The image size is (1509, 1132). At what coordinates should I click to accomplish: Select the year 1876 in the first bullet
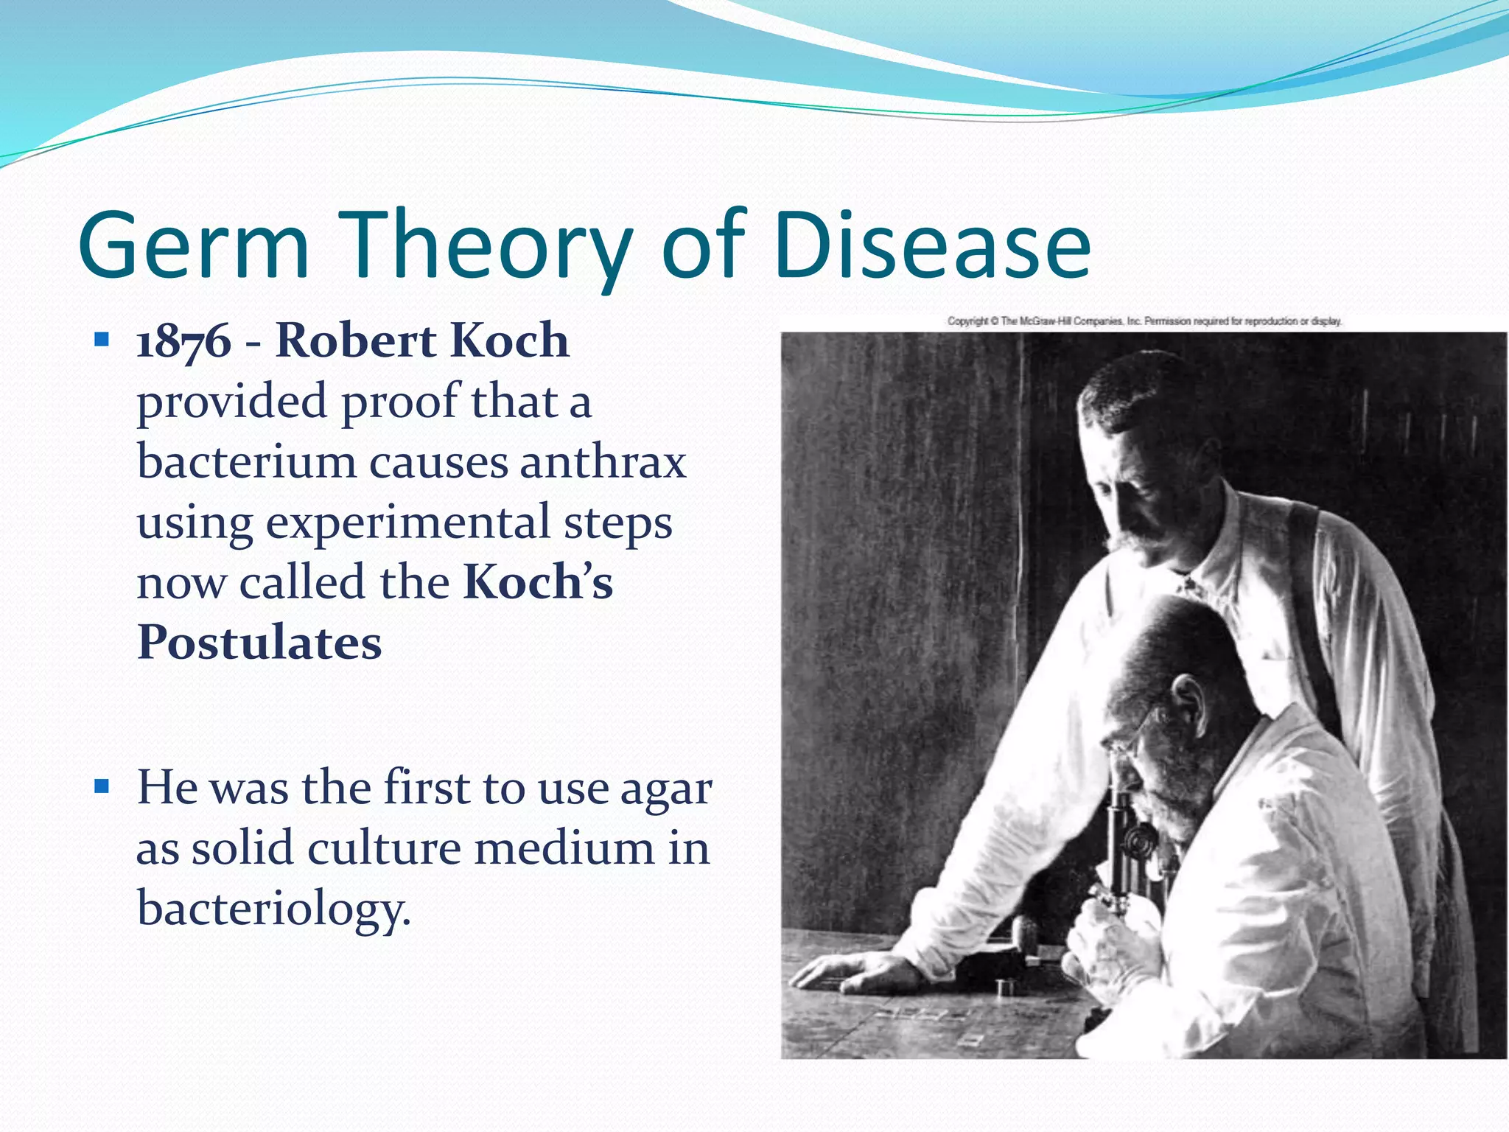click(x=184, y=342)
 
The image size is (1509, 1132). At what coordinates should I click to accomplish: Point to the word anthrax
click(x=603, y=463)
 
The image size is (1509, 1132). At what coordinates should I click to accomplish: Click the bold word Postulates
click(x=259, y=643)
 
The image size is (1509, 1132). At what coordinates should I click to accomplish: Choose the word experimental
click(x=407, y=523)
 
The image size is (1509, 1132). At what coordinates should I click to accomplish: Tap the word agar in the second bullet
click(x=665, y=789)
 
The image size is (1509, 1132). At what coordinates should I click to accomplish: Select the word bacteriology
click(x=273, y=909)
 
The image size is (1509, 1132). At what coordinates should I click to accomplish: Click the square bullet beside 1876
click(x=102, y=340)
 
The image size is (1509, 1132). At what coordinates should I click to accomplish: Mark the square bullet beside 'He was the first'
click(x=102, y=786)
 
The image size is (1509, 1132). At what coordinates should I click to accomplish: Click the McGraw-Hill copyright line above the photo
click(x=1144, y=321)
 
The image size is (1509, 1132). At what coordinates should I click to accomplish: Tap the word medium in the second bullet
click(x=564, y=848)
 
